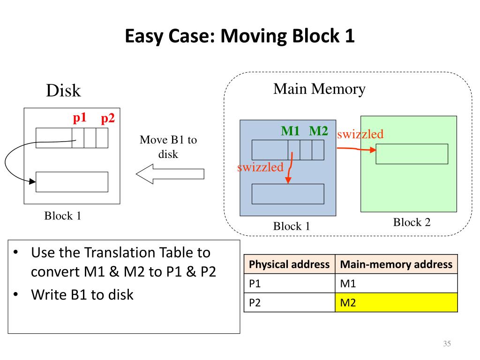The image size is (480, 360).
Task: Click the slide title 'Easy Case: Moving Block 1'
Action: pyautogui.click(x=240, y=36)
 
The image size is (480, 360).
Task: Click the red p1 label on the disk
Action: pyautogui.click(x=80, y=118)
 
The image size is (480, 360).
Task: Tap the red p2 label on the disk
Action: pyautogui.click(x=108, y=119)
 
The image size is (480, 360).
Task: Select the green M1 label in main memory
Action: pyautogui.click(x=290, y=131)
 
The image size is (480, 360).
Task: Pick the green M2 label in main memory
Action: pyautogui.click(x=318, y=131)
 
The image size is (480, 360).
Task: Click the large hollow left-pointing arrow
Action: pyautogui.click(x=170, y=174)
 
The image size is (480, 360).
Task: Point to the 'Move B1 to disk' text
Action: pyautogui.click(x=168, y=147)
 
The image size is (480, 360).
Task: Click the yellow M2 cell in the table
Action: pyautogui.click(x=396, y=302)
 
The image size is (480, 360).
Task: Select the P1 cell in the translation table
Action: pyautogui.click(x=289, y=284)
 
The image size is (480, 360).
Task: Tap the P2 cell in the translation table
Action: pyautogui.click(x=289, y=302)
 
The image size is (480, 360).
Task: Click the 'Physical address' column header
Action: pyautogui.click(x=289, y=264)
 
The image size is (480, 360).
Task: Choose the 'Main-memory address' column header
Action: pyautogui.click(x=396, y=264)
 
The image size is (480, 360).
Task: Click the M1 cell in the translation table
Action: pyautogui.click(x=396, y=284)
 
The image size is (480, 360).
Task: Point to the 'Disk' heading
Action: pyautogui.click(x=63, y=90)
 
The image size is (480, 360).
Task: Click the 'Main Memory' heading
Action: pyautogui.click(x=319, y=89)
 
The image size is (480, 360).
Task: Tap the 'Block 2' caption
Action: pyautogui.click(x=412, y=222)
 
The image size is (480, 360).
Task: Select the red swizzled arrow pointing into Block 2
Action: pyautogui.click(x=356, y=149)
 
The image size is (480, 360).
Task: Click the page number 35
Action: pyautogui.click(x=447, y=344)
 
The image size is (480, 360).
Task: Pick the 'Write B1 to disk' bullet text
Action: pyautogui.click(x=82, y=294)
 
